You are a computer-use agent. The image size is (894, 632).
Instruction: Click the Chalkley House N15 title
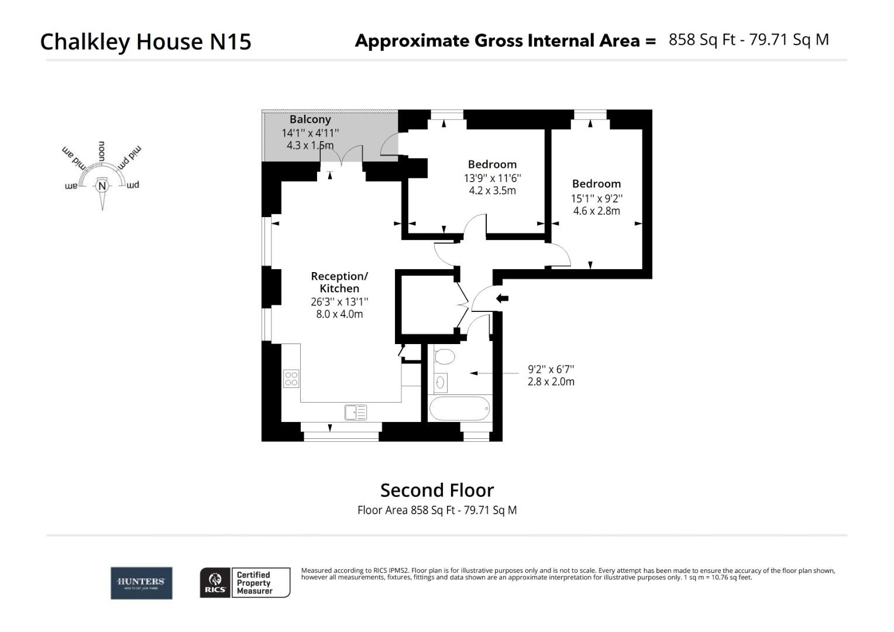[x=146, y=42]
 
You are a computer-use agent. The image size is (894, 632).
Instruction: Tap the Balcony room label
[x=310, y=119]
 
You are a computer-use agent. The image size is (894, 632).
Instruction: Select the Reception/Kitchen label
[x=339, y=282]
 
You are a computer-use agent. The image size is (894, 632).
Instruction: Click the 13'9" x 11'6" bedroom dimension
[x=492, y=178]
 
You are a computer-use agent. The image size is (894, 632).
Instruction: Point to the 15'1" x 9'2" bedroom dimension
[x=596, y=198]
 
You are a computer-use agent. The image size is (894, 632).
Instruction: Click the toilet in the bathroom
[x=445, y=356]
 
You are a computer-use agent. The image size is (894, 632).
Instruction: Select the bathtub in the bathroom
[x=459, y=408]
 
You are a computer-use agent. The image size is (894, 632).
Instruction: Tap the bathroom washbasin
[x=441, y=383]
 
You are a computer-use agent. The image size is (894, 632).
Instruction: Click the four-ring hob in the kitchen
[x=291, y=379]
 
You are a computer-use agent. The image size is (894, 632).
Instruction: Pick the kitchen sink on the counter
[x=356, y=412]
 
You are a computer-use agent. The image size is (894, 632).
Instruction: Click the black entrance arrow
[x=502, y=298]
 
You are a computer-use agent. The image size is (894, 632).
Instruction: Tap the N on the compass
[x=102, y=187]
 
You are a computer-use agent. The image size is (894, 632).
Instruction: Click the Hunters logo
[x=142, y=583]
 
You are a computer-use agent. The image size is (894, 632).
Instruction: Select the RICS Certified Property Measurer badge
[x=245, y=583]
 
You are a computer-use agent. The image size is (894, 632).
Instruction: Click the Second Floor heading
[x=437, y=490]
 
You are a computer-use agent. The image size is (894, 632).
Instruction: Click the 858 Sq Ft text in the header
[x=701, y=40]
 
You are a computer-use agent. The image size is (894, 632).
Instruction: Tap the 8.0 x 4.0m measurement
[x=339, y=314]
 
